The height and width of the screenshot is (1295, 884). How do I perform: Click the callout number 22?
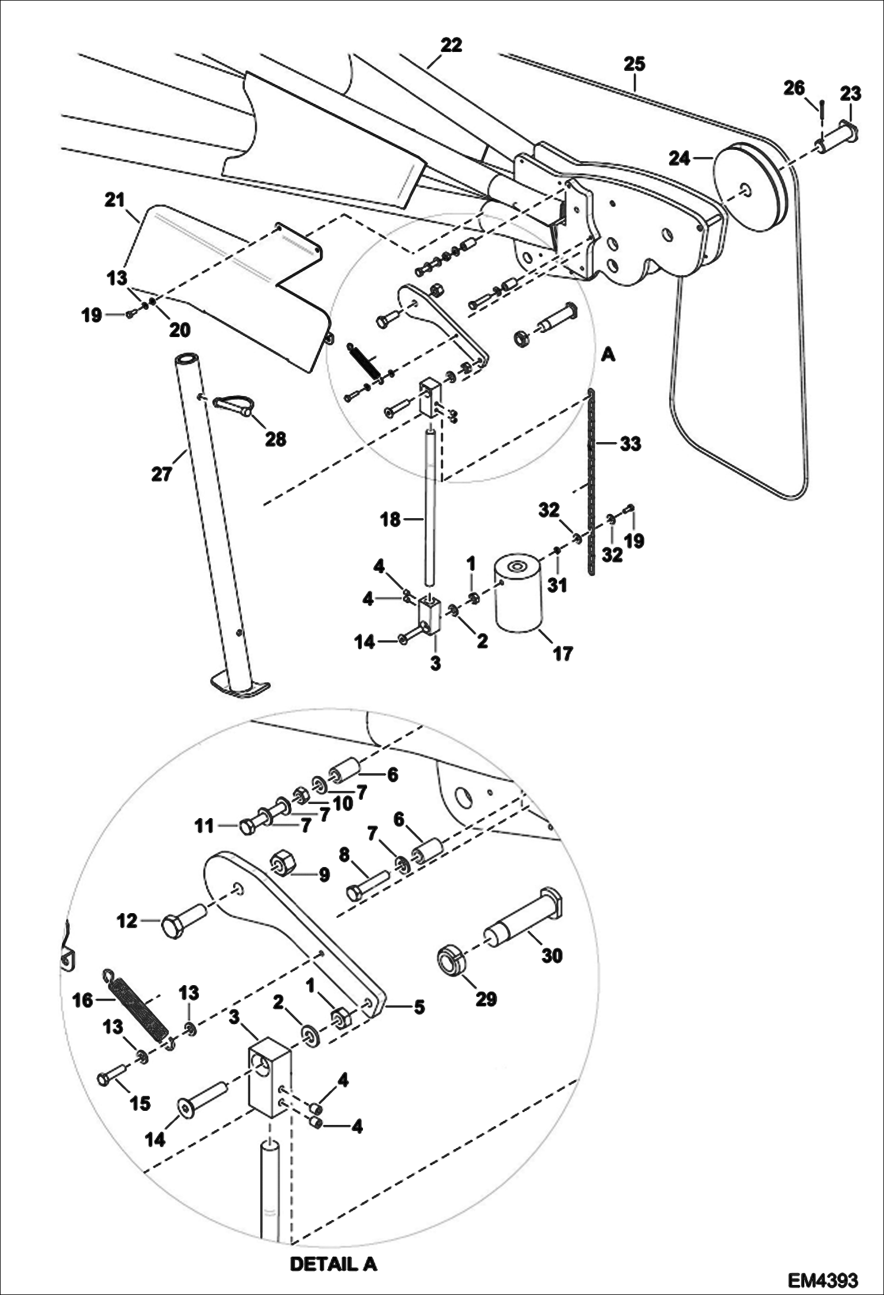[451, 45]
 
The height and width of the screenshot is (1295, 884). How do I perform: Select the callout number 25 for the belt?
[634, 64]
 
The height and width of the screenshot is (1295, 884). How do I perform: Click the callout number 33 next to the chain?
[630, 443]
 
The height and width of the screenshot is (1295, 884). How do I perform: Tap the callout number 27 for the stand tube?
[162, 473]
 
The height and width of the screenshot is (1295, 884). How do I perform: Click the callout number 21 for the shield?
[114, 201]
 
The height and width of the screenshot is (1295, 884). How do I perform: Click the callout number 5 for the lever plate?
[418, 1006]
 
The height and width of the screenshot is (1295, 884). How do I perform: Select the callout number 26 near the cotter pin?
[794, 88]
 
